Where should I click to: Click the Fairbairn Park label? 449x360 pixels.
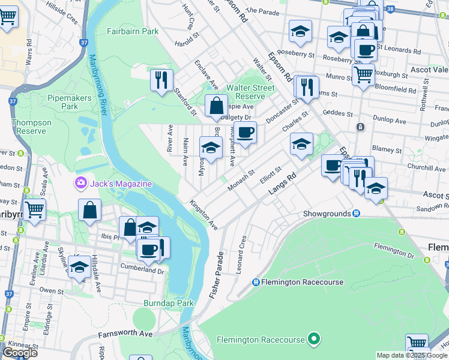[x=133, y=31]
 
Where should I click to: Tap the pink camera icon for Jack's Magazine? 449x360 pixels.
[x=80, y=182]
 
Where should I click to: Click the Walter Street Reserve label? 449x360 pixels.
[x=250, y=92]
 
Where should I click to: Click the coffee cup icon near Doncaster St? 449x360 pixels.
[x=244, y=132]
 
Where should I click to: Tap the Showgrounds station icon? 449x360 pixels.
[x=356, y=213]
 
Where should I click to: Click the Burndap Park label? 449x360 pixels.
[x=168, y=303]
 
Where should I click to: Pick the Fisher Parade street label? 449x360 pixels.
[x=216, y=275]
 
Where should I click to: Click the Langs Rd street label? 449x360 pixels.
[x=283, y=186]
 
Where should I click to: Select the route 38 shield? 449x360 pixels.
[x=390, y=9]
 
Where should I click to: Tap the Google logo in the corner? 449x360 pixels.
[x=20, y=353]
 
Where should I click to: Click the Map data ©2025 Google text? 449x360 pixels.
[x=412, y=355]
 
